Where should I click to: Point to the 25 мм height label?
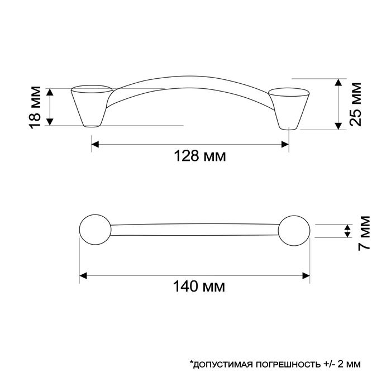click(x=356, y=104)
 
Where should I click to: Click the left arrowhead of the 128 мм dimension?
click(x=95, y=145)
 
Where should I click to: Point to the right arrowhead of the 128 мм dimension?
click(x=284, y=145)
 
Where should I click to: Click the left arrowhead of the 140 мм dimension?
click(x=84, y=275)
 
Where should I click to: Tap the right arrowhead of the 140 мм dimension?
click(x=306, y=275)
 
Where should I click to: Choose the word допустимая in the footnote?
click(x=219, y=364)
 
